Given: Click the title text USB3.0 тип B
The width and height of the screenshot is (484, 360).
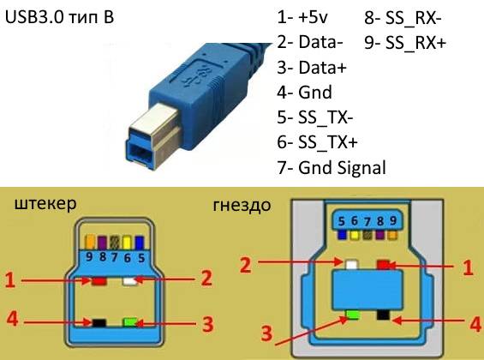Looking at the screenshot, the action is (60, 16).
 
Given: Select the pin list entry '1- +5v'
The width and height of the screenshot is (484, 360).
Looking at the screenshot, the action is (302, 17).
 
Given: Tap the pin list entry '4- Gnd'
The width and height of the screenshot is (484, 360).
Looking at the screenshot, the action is (304, 92).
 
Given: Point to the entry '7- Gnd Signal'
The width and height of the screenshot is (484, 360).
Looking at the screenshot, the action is (332, 168).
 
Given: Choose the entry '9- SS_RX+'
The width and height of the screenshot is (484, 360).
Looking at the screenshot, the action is (405, 42).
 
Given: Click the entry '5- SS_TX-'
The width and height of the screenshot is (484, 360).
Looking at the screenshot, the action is (315, 117).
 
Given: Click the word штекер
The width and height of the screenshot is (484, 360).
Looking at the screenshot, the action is (45, 204).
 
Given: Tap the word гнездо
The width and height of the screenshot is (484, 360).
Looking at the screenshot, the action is (242, 206).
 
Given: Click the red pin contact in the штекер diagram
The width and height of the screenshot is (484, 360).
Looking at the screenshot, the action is (99, 281).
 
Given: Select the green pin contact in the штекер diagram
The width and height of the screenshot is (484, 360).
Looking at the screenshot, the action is (130, 322).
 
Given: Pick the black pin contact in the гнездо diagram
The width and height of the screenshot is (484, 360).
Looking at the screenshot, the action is (383, 315).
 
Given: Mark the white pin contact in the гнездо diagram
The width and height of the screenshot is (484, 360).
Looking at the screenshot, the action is (351, 265).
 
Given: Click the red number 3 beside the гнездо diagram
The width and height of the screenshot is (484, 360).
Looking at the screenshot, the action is (266, 333).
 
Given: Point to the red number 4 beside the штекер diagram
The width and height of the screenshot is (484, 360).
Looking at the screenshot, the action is (12, 318).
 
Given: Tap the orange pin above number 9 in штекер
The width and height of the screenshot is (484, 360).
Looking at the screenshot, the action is (90, 243).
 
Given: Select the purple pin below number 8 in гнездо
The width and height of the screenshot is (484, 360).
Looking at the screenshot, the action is (380, 235).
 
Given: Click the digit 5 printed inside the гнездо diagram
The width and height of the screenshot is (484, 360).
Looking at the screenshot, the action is (341, 221).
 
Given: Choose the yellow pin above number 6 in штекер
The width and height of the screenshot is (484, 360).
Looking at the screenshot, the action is (127, 243).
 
